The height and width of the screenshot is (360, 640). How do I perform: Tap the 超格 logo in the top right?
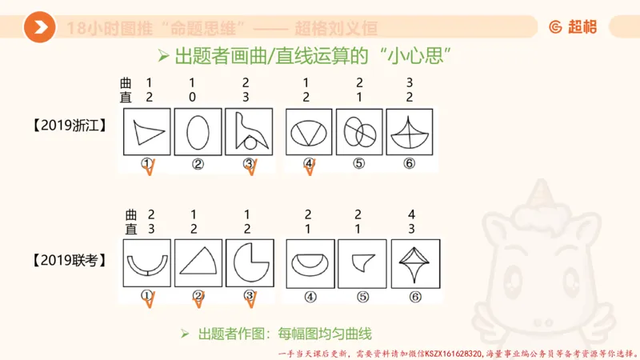pyautogui.click(x=573, y=27)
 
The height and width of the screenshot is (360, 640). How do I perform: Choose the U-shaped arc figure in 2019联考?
pyautogui.click(x=147, y=263)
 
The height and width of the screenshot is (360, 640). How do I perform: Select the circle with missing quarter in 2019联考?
pyautogui.click(x=249, y=263)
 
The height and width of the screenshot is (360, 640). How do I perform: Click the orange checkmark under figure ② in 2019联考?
pyautogui.click(x=199, y=299)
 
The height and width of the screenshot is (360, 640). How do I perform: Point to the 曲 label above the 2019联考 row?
pyautogui.click(x=132, y=214)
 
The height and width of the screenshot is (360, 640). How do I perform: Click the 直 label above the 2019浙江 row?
pyautogui.click(x=125, y=97)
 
